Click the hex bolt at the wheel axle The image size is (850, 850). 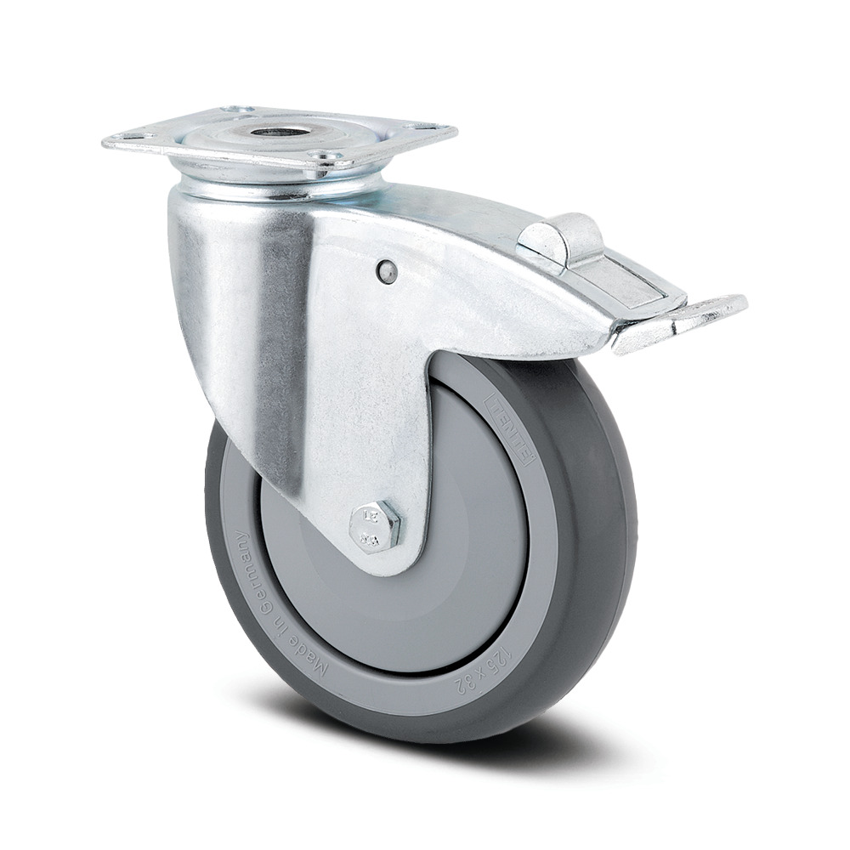tap(377, 525)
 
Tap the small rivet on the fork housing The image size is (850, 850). tap(387, 269)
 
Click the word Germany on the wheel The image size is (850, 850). tap(246, 577)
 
